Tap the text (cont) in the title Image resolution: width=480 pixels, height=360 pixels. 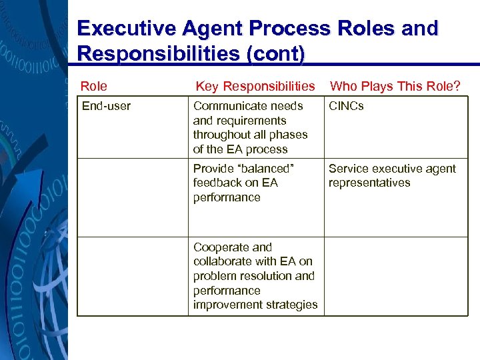tap(275, 53)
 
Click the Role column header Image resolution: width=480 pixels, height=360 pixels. tap(94, 86)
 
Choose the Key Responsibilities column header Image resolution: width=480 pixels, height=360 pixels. tap(255, 86)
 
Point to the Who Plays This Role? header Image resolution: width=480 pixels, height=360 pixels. tap(395, 86)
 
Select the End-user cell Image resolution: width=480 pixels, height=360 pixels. tap(106, 106)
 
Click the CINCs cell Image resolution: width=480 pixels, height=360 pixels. tap(346, 106)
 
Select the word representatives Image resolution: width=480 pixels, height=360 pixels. tap(369, 183)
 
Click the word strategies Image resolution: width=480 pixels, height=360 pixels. tap(291, 305)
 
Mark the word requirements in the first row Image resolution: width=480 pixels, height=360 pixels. tap(239, 121)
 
